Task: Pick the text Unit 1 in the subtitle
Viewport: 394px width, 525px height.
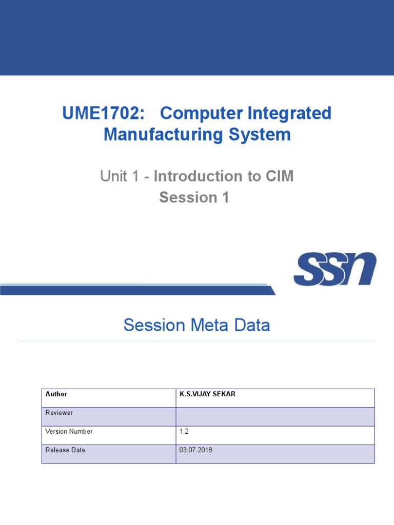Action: point(119,176)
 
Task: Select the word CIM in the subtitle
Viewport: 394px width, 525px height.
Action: point(280,176)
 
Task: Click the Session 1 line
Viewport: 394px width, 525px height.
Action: point(194,197)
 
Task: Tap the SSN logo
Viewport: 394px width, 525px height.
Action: point(334,269)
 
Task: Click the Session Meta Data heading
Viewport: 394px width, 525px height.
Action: point(196,325)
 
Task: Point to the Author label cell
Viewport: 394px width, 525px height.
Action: point(56,394)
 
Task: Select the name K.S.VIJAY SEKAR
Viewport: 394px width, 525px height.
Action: point(207,394)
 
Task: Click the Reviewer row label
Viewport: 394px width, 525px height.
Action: point(59,413)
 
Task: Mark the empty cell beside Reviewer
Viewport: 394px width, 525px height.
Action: point(275,416)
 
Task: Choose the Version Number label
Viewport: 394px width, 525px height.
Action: point(69,432)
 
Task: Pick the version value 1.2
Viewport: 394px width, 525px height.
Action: point(184,432)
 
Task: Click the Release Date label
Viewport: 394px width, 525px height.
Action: point(65,450)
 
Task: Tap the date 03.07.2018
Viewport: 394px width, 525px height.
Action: point(196,450)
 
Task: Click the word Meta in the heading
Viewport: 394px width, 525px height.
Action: point(211,325)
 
